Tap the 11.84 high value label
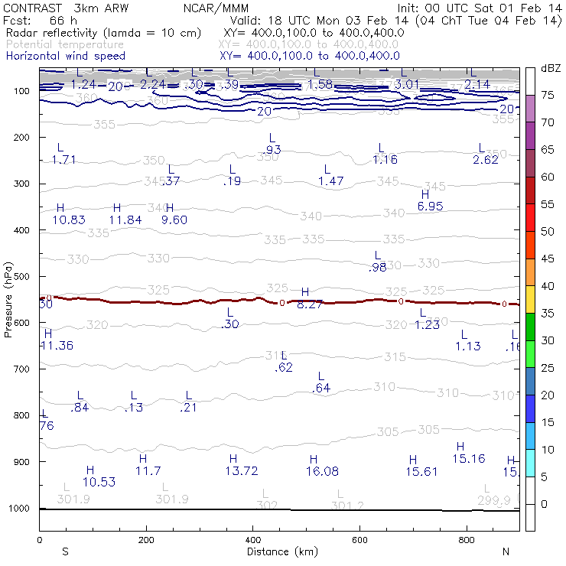coord(125,220)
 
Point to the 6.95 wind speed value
coord(431,207)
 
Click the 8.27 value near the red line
coord(310,304)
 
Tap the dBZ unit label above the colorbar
coord(551,69)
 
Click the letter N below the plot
coord(506,551)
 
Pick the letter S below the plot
coord(65,551)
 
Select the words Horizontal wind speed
coord(66,57)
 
